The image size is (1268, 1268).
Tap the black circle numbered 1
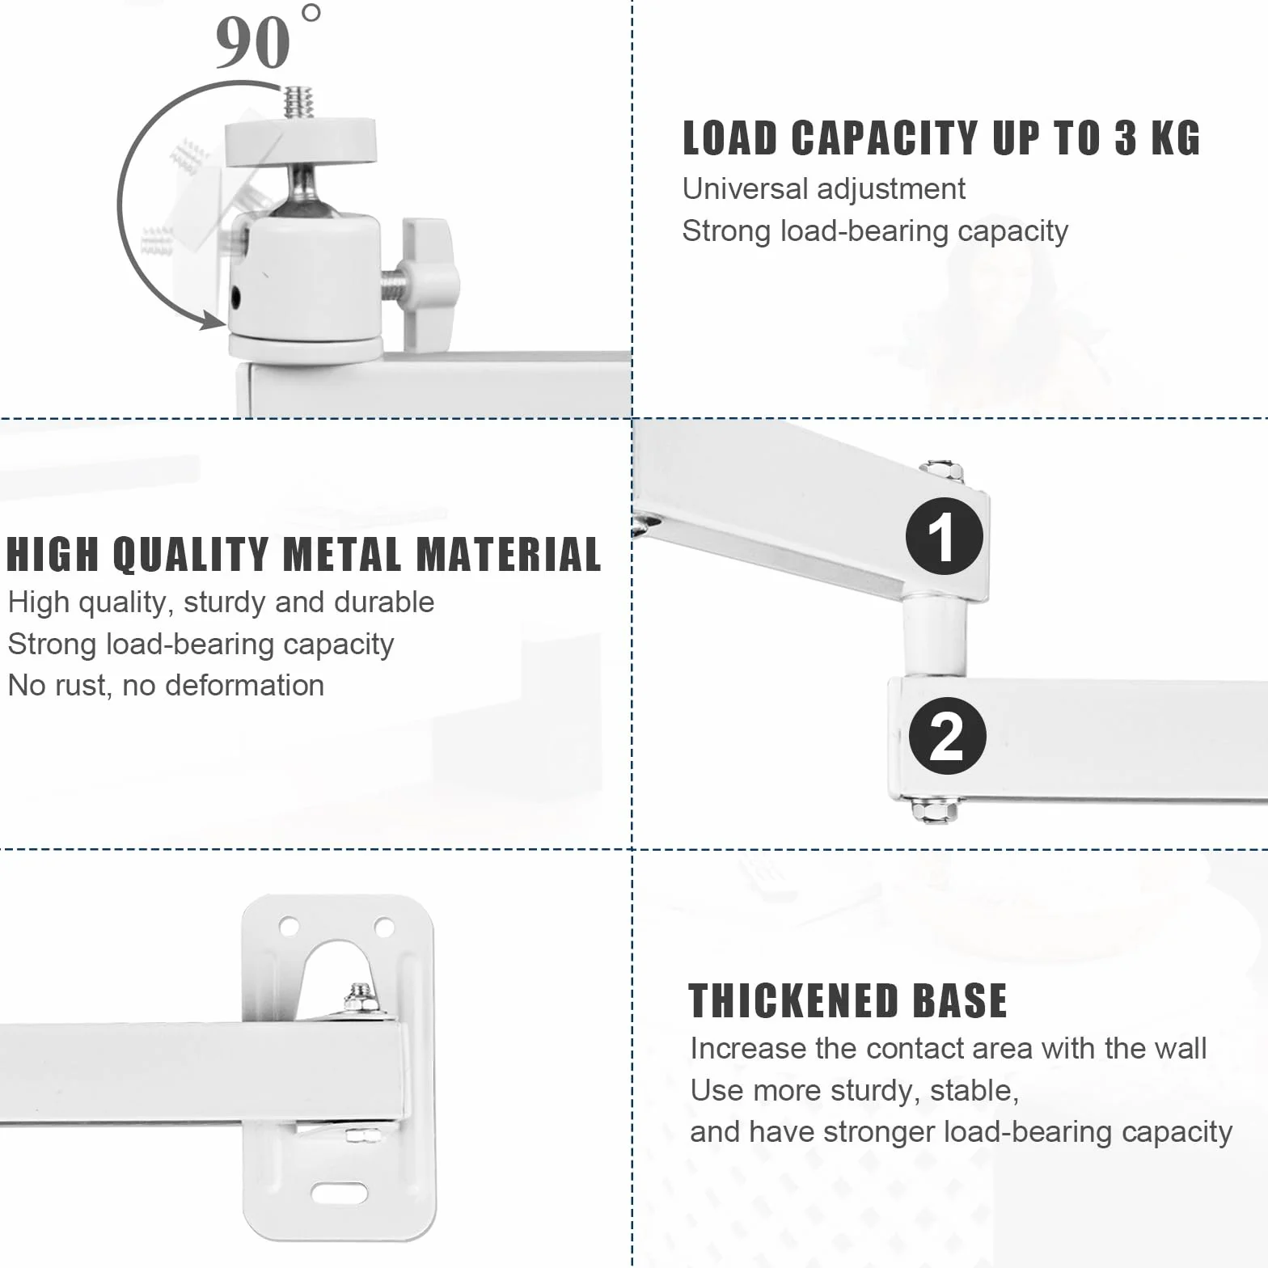click(944, 536)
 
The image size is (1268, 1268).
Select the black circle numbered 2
click(947, 736)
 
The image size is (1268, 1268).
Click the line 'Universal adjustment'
click(823, 188)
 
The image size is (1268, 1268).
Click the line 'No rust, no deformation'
click(166, 685)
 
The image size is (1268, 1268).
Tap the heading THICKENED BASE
click(847, 1000)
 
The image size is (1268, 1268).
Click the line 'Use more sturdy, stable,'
click(854, 1090)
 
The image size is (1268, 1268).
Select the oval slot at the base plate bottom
click(340, 1193)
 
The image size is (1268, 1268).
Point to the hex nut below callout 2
click(935, 809)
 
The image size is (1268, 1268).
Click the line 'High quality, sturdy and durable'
click(221, 602)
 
